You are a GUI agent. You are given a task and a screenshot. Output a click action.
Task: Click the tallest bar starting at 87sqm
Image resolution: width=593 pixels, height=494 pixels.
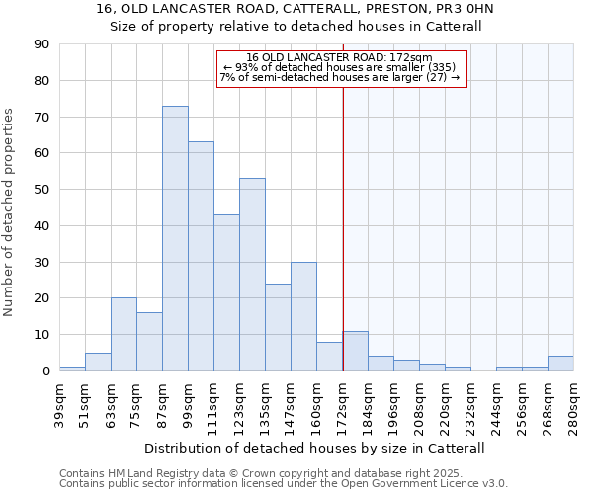tap(175, 238)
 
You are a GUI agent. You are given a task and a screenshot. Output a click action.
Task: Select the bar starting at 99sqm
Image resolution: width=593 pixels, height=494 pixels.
tap(201, 256)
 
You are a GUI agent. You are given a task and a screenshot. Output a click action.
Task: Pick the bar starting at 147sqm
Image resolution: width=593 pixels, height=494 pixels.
tap(303, 316)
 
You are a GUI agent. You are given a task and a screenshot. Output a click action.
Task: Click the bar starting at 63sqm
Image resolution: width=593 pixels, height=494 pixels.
tap(124, 334)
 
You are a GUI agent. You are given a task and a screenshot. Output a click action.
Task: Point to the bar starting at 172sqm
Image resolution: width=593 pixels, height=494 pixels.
tap(356, 351)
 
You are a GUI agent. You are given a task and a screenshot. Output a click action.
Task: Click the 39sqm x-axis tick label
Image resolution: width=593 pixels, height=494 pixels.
tap(60, 401)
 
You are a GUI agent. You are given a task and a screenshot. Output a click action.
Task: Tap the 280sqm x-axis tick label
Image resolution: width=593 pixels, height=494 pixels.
tap(574, 403)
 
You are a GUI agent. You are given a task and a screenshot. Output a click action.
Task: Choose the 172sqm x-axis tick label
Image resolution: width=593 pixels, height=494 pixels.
tap(343, 403)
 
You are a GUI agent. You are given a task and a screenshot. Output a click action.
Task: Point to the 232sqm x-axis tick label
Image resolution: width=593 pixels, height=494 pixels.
tap(471, 403)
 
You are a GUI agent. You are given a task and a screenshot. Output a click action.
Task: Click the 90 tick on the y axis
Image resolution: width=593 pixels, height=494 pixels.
tap(42, 44)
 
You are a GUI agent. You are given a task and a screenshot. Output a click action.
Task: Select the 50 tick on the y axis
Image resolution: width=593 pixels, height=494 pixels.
tap(42, 190)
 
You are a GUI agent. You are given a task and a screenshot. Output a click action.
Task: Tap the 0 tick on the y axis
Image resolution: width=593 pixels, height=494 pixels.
tap(45, 370)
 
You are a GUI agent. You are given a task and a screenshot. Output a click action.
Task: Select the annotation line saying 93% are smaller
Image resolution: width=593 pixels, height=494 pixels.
tap(340, 67)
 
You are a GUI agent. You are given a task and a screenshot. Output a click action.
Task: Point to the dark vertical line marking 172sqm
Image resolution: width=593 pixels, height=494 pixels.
tap(343, 247)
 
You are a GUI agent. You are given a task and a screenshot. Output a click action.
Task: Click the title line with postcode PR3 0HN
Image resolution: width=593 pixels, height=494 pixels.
tap(296, 9)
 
